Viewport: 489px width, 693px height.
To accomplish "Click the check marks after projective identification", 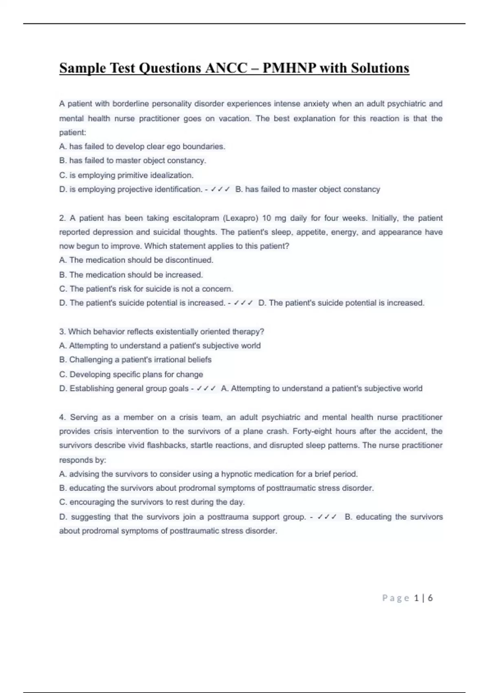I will (220, 190).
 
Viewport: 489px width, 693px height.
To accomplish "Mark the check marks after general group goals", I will (206, 388).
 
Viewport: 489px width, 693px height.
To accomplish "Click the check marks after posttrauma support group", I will (327, 517).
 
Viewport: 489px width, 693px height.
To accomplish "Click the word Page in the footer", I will (395, 598).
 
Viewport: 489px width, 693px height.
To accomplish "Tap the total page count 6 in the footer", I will (430, 598).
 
